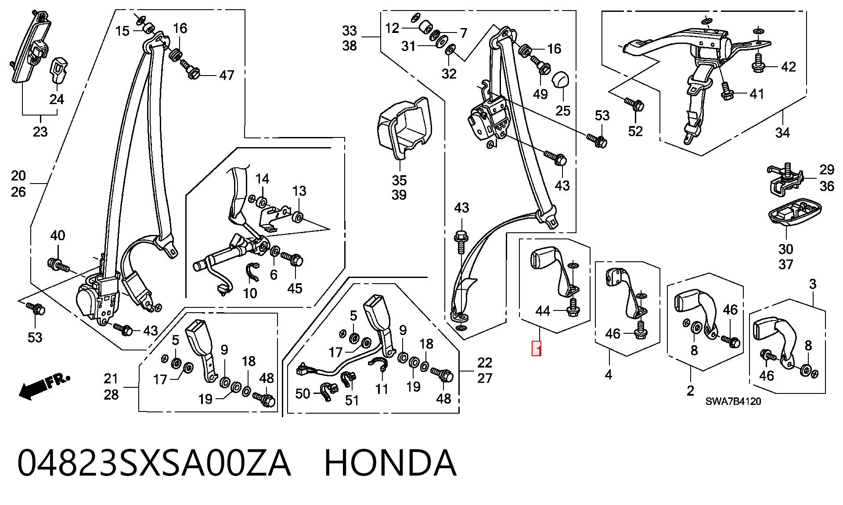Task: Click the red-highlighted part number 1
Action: pyautogui.click(x=536, y=349)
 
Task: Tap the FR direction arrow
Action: pyautogui.click(x=44, y=386)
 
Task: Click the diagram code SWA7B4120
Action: pyautogui.click(x=733, y=401)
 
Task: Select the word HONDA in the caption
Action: pyautogui.click(x=390, y=463)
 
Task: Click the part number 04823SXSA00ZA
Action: pyautogui.click(x=154, y=463)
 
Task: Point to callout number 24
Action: pyautogui.click(x=57, y=99)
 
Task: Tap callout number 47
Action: pyautogui.click(x=227, y=75)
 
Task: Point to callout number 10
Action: pyautogui.click(x=250, y=293)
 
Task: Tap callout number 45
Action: pyautogui.click(x=295, y=288)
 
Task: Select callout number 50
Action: pyautogui.click(x=303, y=393)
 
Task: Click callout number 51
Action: pyautogui.click(x=352, y=400)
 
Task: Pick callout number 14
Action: pyautogui.click(x=262, y=179)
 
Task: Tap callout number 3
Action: pyautogui.click(x=813, y=284)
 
